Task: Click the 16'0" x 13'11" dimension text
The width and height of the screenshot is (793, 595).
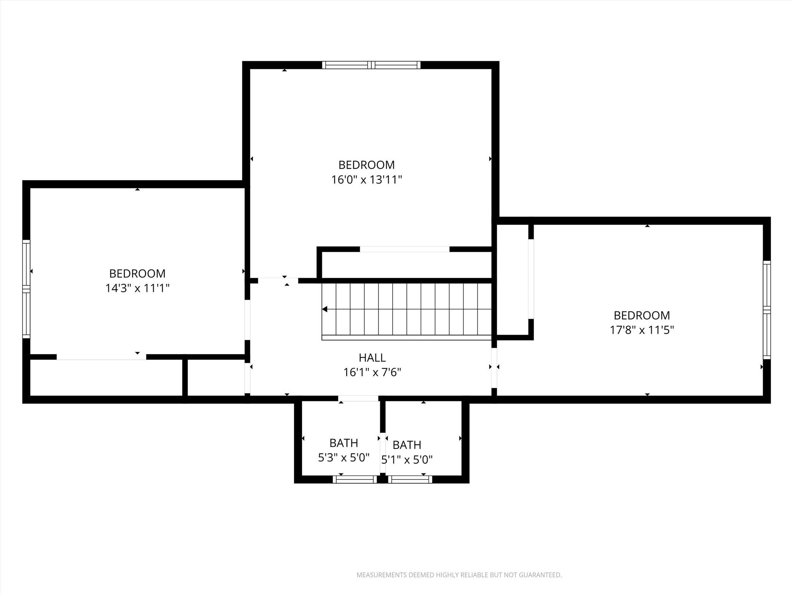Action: click(366, 180)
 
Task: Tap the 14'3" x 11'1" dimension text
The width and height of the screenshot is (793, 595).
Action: click(137, 289)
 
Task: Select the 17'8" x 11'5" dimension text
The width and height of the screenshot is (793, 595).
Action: click(642, 330)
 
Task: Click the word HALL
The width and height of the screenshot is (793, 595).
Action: click(372, 358)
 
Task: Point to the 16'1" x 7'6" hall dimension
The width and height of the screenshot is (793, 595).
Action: click(372, 373)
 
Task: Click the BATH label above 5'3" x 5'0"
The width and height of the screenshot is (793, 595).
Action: click(343, 443)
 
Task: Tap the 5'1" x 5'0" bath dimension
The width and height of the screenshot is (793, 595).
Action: click(407, 460)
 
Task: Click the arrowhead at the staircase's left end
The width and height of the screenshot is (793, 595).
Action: click(325, 309)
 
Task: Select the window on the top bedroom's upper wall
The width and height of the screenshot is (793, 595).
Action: click(371, 65)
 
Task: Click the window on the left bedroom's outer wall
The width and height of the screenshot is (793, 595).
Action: click(26, 289)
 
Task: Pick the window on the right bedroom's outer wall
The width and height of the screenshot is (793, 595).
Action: click(766, 310)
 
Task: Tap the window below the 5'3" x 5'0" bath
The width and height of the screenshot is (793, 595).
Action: click(355, 480)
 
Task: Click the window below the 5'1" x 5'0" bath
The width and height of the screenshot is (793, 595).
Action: click(410, 480)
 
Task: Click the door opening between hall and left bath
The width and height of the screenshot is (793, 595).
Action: click(358, 399)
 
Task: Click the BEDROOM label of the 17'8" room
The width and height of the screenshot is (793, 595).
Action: click(642, 315)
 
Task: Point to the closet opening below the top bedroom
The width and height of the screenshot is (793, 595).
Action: click(405, 249)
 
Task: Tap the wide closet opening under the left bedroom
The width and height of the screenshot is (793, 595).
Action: click(101, 357)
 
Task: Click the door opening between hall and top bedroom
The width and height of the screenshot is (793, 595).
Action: click(278, 280)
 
